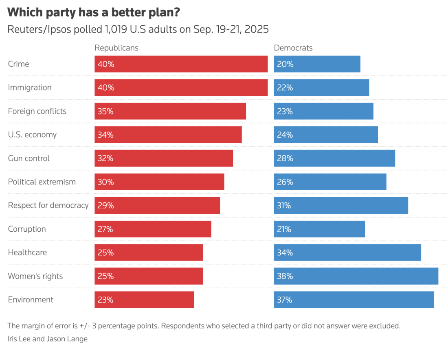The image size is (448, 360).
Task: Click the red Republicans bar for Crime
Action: (x=181, y=64)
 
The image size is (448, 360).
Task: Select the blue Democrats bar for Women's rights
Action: (x=356, y=276)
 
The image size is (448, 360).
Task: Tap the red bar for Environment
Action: (x=144, y=300)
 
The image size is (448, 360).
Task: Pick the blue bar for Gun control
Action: (x=334, y=158)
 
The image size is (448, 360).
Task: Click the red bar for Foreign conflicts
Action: (x=170, y=111)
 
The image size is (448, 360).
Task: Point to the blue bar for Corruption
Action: (x=319, y=229)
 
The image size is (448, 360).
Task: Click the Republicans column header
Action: (x=116, y=48)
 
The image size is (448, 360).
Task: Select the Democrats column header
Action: (x=293, y=48)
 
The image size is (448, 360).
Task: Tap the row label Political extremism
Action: (x=42, y=182)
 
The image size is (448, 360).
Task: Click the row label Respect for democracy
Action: (x=48, y=205)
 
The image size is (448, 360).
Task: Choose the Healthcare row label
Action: (x=27, y=252)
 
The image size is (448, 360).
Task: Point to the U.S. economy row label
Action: (x=32, y=135)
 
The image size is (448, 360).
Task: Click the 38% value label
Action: (x=285, y=276)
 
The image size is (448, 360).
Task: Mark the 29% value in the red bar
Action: (x=105, y=205)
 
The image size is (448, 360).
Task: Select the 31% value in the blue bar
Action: (x=284, y=205)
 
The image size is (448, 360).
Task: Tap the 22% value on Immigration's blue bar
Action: (x=285, y=88)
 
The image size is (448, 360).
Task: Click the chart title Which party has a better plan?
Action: (x=94, y=12)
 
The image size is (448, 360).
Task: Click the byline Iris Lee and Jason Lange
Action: (x=47, y=338)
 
